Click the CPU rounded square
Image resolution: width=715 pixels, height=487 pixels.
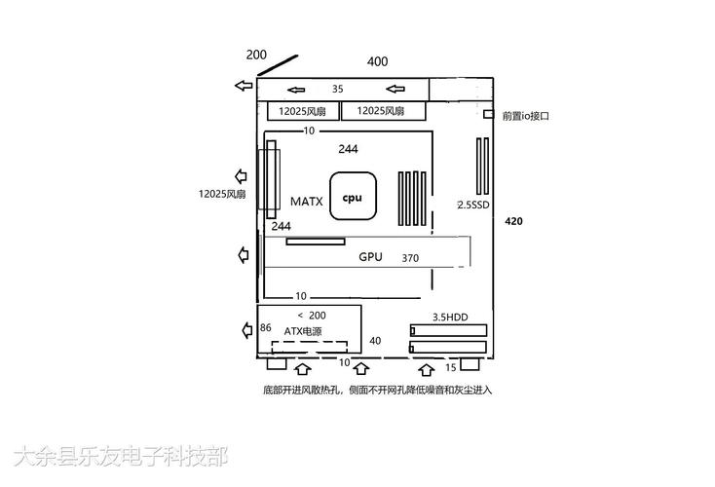352,198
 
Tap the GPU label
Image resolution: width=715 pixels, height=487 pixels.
370,257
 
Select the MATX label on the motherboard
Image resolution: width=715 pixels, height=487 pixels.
306,202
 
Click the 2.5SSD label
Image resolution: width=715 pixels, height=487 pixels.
474,206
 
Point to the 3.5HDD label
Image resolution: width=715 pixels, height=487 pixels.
450,317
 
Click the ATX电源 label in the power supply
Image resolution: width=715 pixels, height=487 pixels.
302,331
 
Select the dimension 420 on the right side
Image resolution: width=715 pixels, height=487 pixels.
514,222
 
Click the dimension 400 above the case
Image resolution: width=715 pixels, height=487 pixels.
377,61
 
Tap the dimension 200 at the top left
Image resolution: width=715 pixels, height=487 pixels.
256,55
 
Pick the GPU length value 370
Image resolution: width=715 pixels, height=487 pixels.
410,258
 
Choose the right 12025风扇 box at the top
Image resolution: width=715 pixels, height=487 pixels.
382,111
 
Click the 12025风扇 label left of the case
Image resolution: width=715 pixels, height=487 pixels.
222,194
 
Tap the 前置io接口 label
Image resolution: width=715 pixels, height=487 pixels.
526,116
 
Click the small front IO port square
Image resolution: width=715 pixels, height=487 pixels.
489,115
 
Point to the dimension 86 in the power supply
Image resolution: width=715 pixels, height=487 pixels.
265,328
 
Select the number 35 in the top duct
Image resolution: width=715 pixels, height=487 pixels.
338,89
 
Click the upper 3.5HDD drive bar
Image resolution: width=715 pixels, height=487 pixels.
448,329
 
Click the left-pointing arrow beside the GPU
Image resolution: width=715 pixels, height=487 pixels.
243,255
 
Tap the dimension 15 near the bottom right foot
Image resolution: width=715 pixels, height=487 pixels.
450,367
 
